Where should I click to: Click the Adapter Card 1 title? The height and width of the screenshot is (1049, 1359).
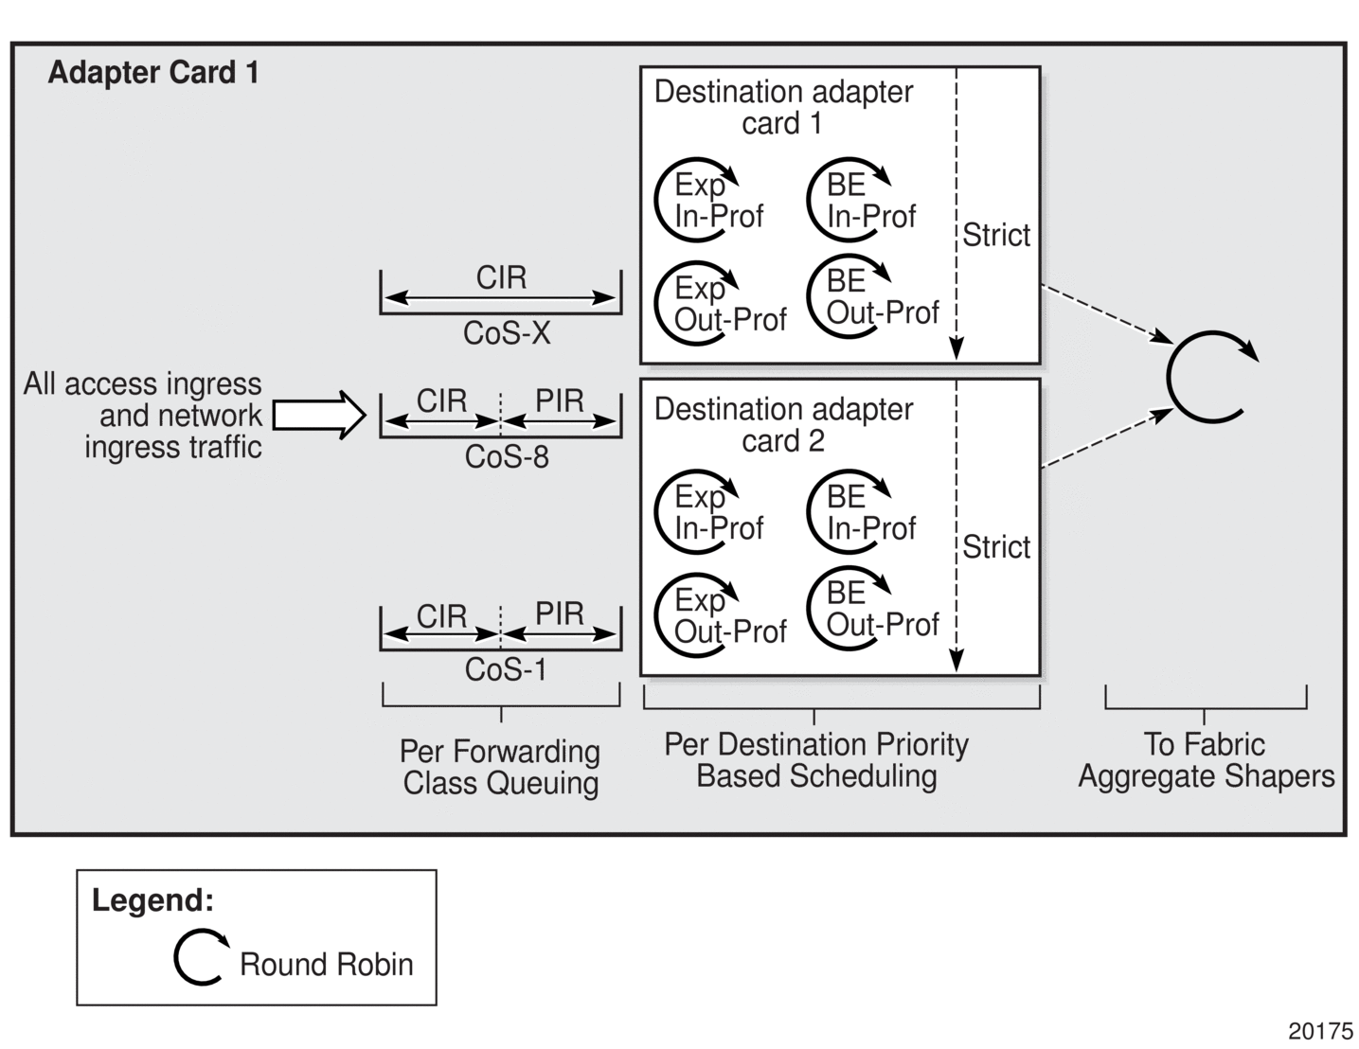153,73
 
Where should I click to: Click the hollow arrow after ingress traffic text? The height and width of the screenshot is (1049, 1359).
319,415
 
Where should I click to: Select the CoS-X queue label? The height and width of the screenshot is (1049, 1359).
507,333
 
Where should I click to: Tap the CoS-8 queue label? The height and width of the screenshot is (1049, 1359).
507,457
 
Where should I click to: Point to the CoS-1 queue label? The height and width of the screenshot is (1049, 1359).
506,670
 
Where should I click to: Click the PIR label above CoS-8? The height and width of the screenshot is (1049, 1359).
560,400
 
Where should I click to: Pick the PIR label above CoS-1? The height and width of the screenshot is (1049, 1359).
560,613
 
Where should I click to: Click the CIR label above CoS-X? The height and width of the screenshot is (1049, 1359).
501,277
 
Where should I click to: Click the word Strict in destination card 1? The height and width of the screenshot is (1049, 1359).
996,235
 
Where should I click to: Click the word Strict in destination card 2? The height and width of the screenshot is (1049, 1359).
996,547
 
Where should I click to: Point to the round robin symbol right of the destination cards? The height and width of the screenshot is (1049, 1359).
1208,377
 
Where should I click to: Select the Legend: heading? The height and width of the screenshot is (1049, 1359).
152,900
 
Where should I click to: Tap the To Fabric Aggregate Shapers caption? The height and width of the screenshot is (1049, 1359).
1206,760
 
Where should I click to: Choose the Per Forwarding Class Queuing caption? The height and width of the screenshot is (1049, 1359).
500,767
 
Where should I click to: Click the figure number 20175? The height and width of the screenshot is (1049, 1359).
1320,1031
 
